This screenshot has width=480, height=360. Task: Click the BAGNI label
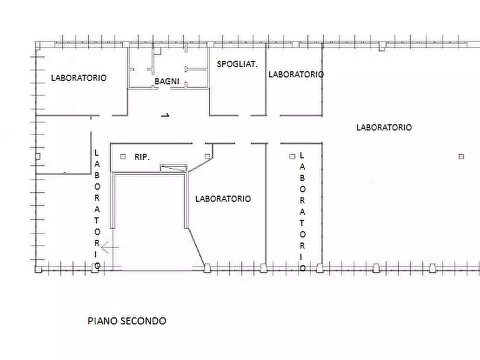point(167,82)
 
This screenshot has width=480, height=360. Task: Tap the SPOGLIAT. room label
point(237,64)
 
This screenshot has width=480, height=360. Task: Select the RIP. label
point(142,157)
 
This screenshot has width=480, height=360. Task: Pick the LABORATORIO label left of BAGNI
point(78,78)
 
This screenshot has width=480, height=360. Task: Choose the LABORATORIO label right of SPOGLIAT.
point(296,75)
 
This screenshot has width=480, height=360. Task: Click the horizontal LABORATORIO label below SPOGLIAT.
point(223,199)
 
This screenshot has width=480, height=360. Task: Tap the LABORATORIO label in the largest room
point(384,127)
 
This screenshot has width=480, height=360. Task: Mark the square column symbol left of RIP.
point(123,156)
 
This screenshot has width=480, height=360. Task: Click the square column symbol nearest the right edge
point(461,156)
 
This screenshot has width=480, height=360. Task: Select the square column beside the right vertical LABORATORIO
point(292,156)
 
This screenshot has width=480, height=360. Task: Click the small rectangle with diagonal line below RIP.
point(174,168)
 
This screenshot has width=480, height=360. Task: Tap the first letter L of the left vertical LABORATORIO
point(97,153)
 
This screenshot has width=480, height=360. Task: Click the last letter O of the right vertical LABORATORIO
point(303,267)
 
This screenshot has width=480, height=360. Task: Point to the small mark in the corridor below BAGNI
point(166,115)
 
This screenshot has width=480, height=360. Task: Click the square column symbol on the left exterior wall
point(37,156)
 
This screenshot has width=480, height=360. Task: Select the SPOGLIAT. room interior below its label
point(237,91)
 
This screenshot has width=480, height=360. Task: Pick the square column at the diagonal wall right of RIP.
point(207,156)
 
